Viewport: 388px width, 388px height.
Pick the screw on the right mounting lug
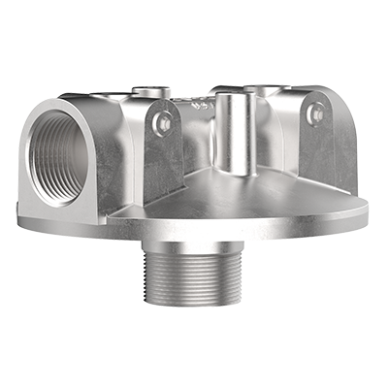click(312, 113)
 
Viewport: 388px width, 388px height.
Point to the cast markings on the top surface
click(201, 100)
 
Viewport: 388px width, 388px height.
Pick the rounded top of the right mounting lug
click(315, 98)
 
